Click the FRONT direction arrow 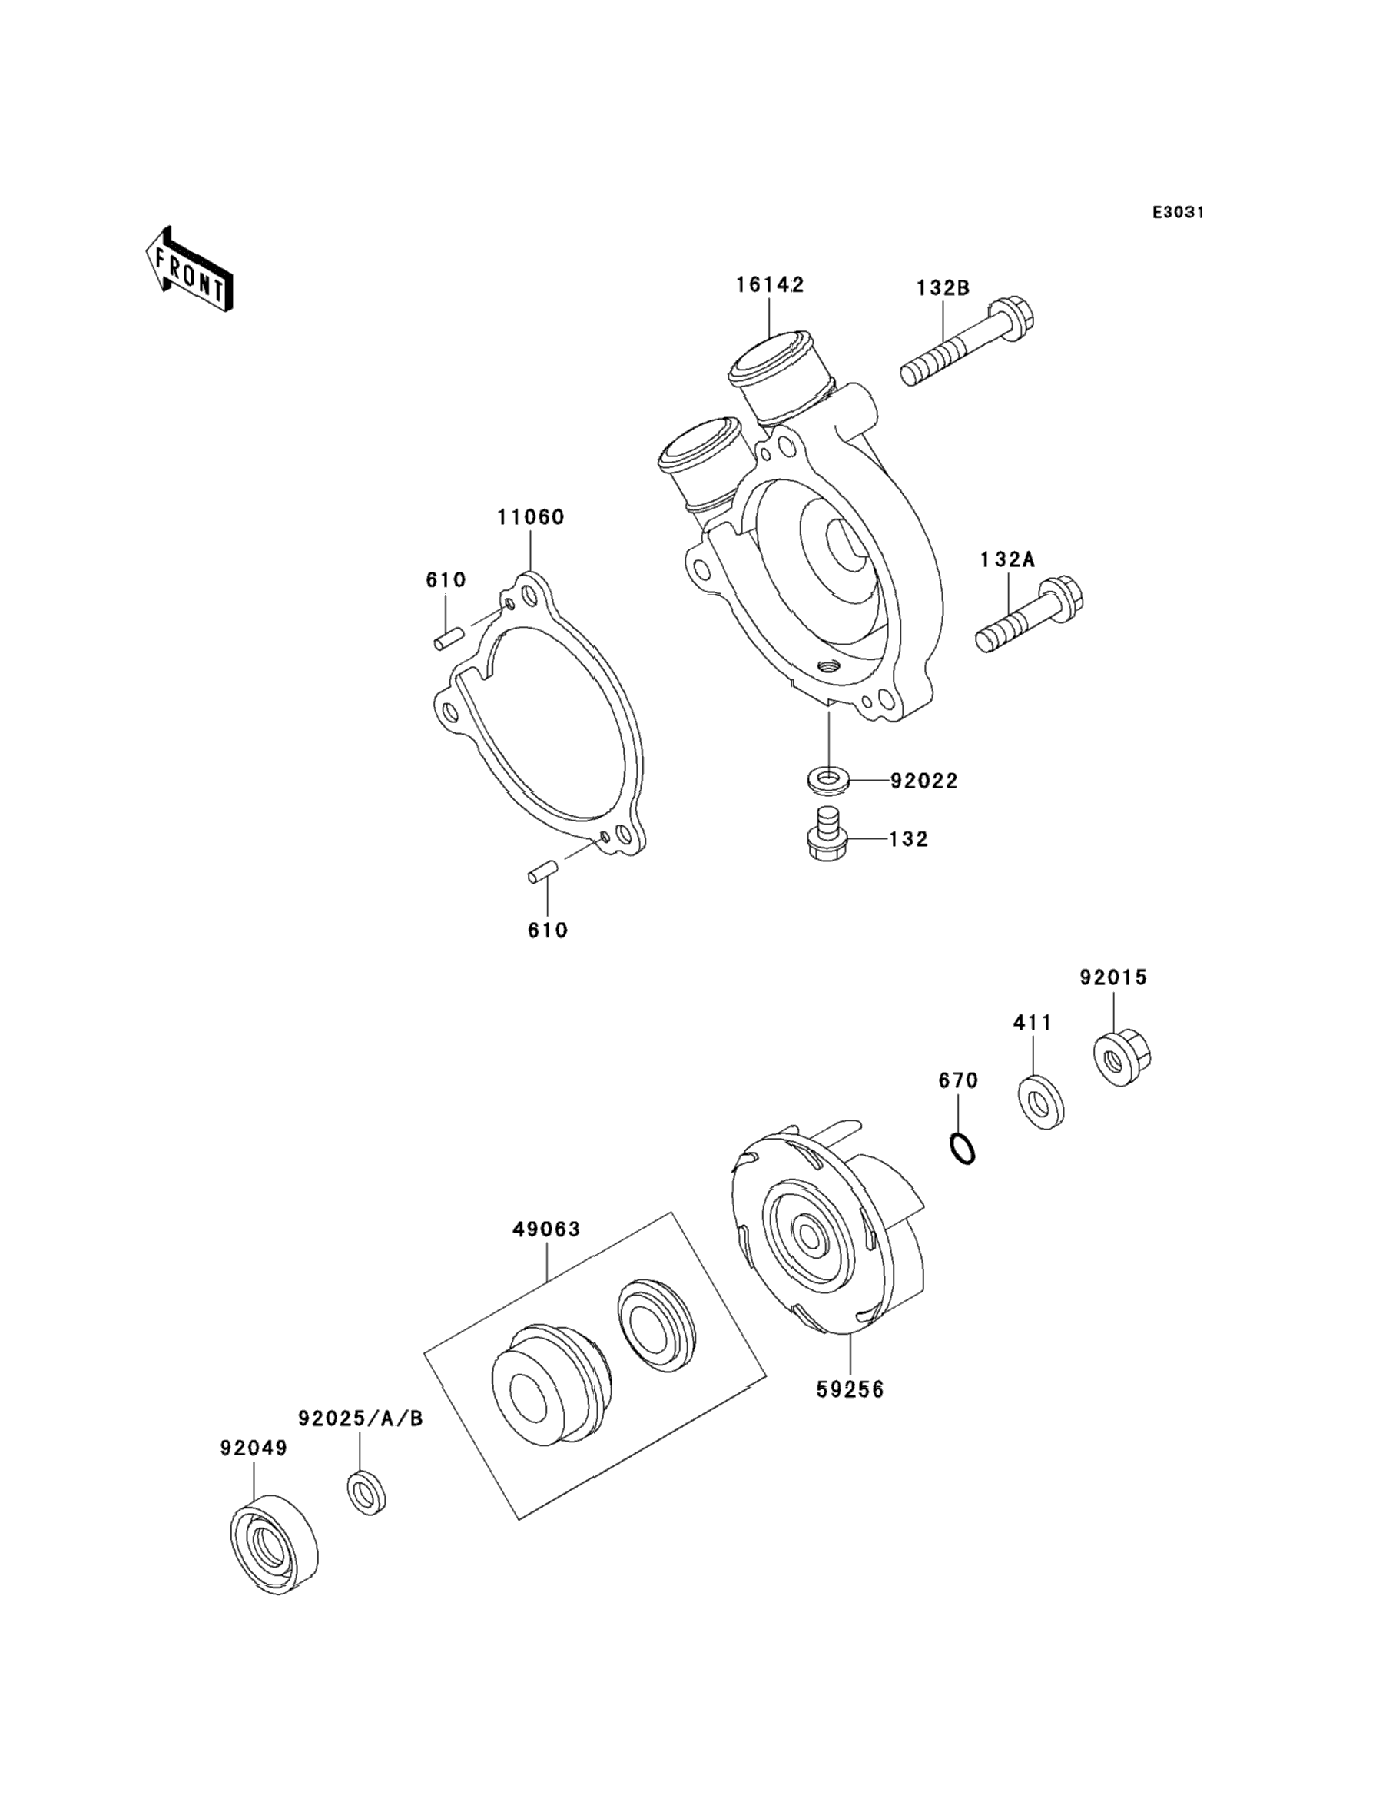[189, 271]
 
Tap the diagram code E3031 [1178, 213]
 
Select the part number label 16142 [770, 284]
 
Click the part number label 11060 [530, 517]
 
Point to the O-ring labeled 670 [963, 1150]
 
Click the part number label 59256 [850, 1390]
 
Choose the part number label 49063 [546, 1253]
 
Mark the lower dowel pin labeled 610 [543, 872]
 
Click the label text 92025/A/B [360, 1418]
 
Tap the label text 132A [1007, 559]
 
